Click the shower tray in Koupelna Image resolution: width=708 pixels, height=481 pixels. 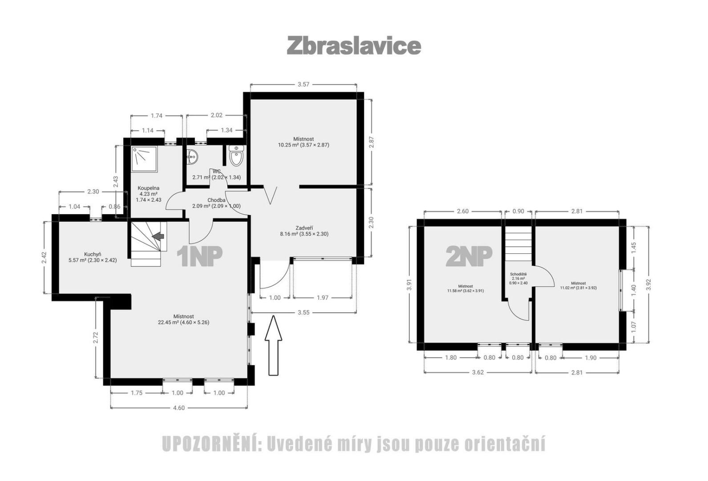pyautogui.click(x=145, y=159)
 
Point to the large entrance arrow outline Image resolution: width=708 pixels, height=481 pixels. pyautogui.click(x=273, y=345)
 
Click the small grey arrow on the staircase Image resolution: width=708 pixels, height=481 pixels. pyautogui.click(x=158, y=236)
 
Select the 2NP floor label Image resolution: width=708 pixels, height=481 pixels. pyautogui.click(x=469, y=256)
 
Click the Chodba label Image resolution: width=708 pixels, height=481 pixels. pyautogui.click(x=217, y=200)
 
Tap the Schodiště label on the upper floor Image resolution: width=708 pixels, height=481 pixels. pyautogui.click(x=518, y=274)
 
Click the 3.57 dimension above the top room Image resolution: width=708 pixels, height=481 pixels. pyautogui.click(x=303, y=85)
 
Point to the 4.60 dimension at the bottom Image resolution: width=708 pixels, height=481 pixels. pyautogui.click(x=179, y=408)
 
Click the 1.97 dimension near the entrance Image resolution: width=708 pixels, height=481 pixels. pyautogui.click(x=322, y=298)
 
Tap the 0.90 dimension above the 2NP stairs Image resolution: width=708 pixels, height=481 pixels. pyautogui.click(x=518, y=211)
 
